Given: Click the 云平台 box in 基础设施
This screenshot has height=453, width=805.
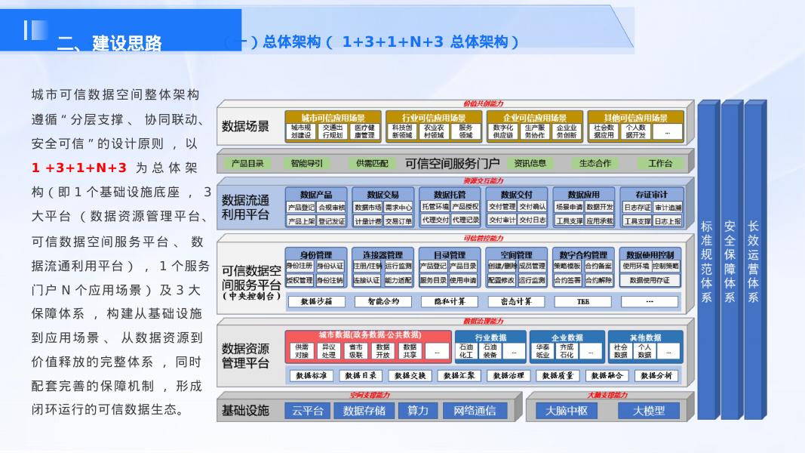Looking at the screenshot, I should point(308,411).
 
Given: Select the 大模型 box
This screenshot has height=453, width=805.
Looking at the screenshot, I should point(648,411).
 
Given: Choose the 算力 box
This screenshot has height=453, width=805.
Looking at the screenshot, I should point(418,411).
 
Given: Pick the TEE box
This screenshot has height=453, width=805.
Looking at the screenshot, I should point(583,302).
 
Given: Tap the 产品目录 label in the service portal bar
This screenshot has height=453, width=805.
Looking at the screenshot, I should point(247,163).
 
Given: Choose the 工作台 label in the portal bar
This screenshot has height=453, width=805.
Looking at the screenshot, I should point(660,163).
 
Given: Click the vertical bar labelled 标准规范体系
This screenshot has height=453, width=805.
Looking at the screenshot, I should point(707,260).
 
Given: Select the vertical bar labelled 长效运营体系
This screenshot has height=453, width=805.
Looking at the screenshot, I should point(753,260).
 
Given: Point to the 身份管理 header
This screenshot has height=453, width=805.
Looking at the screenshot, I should point(315,255).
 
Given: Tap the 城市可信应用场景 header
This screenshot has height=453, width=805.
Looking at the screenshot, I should point(333,118).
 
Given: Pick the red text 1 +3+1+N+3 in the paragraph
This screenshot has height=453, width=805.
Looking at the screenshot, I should point(79,168).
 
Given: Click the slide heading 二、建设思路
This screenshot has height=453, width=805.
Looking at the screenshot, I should point(109,43).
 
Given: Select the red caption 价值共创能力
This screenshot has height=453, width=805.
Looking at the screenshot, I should point(483,103).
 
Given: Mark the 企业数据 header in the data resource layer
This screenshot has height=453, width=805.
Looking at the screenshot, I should point(567,337).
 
